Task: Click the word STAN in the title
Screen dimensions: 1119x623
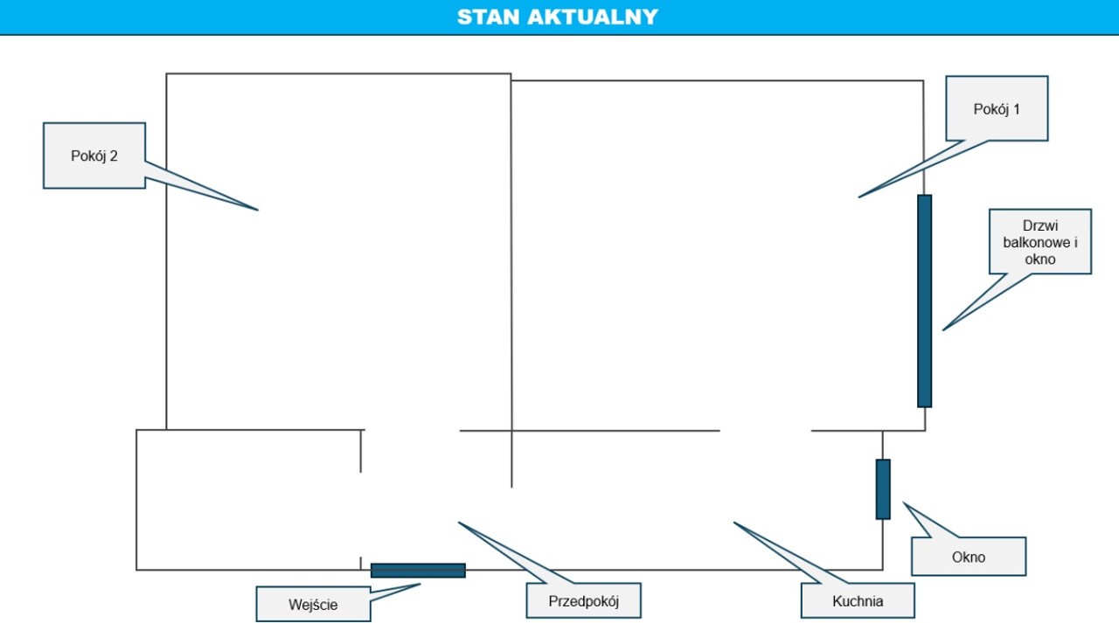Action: click(488, 17)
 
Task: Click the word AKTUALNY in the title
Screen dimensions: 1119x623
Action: click(593, 17)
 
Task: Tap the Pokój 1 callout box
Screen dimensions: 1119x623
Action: click(997, 108)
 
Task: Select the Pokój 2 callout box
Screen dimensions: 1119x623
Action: click(94, 156)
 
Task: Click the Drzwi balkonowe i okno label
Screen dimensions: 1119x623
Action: click(1040, 242)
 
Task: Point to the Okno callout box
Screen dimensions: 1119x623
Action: click(969, 557)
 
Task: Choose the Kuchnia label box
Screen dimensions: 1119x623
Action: click(858, 600)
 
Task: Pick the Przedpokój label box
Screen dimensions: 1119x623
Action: click(583, 600)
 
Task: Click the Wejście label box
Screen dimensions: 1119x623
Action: click(313, 604)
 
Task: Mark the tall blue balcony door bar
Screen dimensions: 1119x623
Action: click(924, 301)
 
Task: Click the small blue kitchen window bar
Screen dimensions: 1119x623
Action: click(883, 489)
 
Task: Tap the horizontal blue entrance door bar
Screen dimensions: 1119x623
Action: click(418, 571)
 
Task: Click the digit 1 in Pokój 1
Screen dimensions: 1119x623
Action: click(1016, 109)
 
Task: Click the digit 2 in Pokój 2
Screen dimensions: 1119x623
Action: click(114, 156)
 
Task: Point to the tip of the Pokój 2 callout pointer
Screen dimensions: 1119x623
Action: click(258, 211)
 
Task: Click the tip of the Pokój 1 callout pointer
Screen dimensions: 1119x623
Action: click(858, 197)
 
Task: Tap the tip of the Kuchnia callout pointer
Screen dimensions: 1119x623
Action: click(733, 523)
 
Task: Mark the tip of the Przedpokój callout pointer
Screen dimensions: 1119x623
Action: click(459, 523)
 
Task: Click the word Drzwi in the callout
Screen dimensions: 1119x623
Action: click(1040, 225)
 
